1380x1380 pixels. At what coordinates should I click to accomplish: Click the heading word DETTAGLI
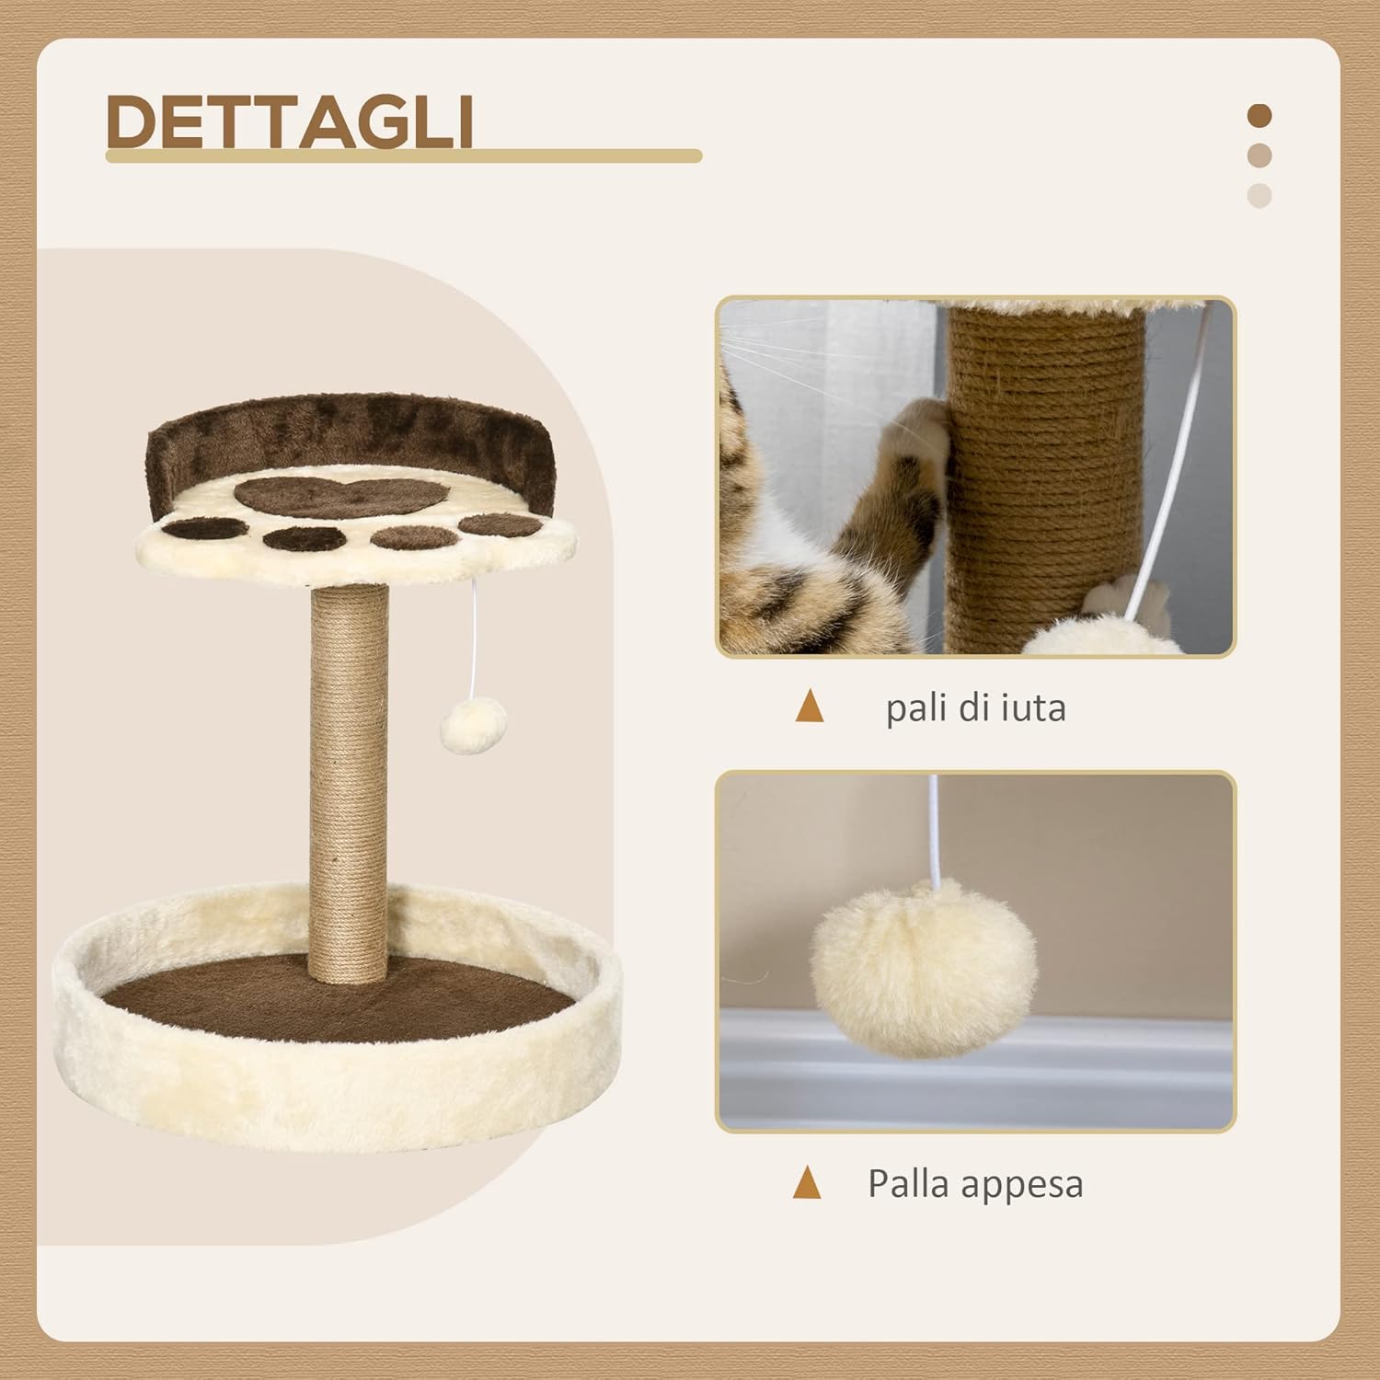point(290,121)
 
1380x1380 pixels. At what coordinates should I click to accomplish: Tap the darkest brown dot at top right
point(1259,116)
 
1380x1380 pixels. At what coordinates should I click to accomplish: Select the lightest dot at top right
point(1259,195)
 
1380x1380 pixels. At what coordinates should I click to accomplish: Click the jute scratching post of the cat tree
point(349,782)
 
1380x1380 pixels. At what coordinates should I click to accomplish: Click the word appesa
point(1028,1185)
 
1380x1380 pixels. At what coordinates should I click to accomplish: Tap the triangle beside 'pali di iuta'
point(810,707)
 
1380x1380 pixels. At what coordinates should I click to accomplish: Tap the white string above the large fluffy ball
point(936,828)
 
